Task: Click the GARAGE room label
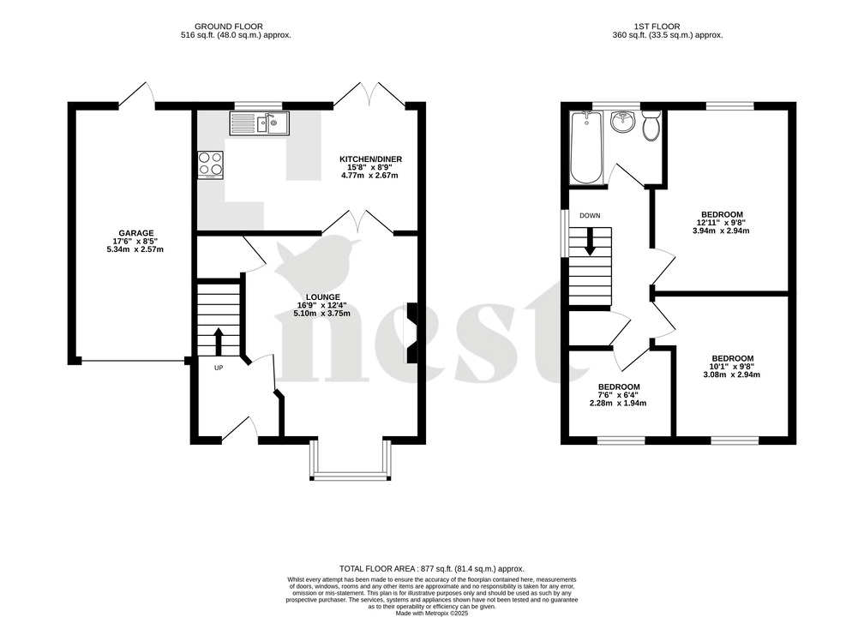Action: (135, 232)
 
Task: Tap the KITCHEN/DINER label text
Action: (370, 159)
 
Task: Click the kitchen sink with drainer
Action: (258, 124)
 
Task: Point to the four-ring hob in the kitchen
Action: (210, 163)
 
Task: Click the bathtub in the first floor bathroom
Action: (586, 148)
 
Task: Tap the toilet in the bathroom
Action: (651, 125)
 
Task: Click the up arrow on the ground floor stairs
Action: (218, 340)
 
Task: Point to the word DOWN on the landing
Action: (589, 216)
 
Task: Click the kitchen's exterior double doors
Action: (371, 95)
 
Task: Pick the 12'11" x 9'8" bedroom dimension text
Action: (722, 223)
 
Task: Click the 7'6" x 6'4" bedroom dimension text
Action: (618, 395)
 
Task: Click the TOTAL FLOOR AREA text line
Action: (431, 569)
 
